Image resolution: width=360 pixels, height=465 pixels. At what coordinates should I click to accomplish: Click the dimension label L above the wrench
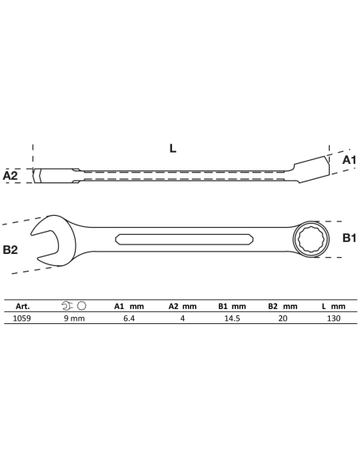173,148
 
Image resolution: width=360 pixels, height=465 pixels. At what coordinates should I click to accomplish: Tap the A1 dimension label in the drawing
349,160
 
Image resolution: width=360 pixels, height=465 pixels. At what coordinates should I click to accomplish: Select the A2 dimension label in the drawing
10,175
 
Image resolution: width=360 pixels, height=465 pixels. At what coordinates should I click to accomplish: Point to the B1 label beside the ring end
350,238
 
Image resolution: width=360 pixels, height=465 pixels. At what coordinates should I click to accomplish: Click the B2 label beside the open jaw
10,250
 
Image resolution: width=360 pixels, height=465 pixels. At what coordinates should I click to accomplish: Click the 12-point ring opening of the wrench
310,240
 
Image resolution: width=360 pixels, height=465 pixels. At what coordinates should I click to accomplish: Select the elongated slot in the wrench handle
184,240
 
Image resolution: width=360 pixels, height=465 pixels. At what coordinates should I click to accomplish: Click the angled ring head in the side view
311,169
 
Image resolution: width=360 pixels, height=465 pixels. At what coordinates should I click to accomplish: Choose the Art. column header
22,307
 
